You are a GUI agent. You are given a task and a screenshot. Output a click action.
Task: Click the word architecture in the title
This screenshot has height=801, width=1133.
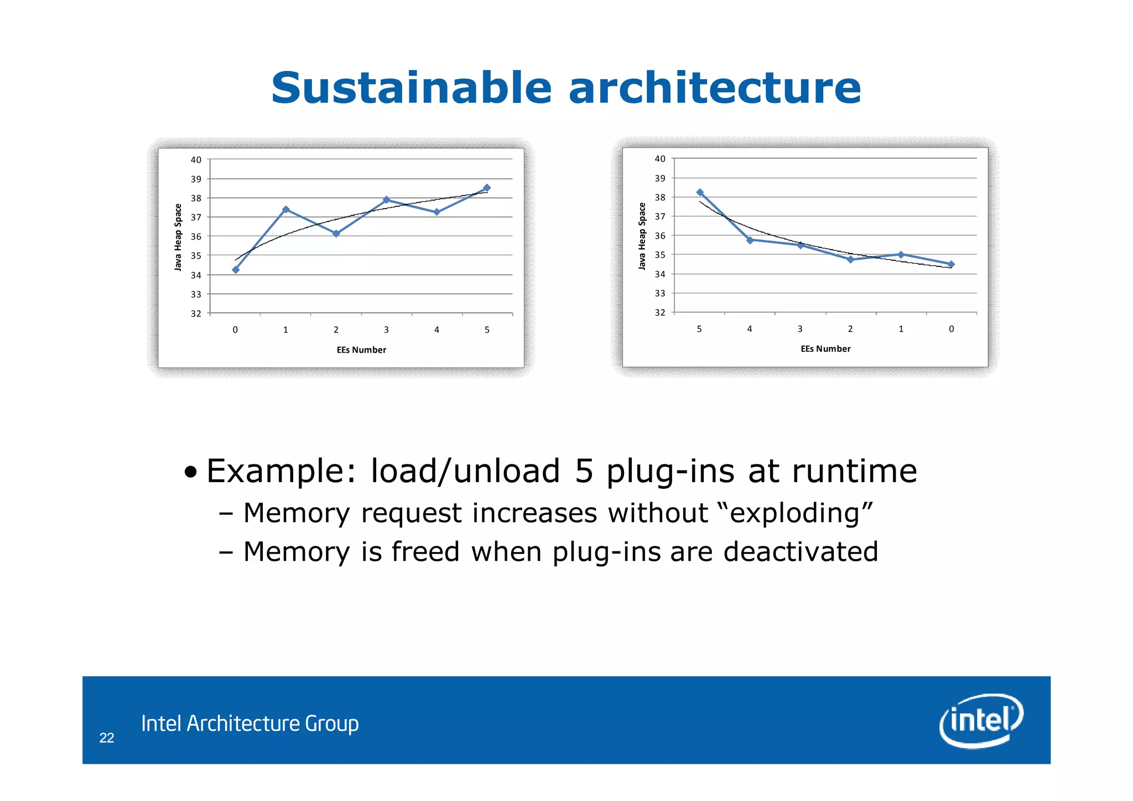[714, 88]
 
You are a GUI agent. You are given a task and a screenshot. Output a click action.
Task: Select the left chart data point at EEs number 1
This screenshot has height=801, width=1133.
[285, 209]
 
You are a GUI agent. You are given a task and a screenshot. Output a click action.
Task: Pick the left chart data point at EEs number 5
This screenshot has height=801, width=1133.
[486, 188]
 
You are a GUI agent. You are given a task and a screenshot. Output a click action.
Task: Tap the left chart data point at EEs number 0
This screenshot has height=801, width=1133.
[236, 270]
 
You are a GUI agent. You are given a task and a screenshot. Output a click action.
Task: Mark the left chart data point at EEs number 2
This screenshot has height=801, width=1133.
[336, 234]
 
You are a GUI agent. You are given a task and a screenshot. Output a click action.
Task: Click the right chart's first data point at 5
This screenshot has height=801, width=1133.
[700, 193]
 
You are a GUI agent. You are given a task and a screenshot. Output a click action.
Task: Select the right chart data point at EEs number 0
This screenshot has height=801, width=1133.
[951, 264]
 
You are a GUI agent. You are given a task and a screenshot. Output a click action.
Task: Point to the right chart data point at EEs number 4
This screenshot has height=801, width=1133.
[750, 240]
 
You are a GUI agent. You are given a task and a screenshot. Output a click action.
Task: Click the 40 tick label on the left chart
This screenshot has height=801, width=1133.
[196, 160]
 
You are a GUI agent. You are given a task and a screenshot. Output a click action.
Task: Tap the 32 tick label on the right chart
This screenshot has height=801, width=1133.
[660, 313]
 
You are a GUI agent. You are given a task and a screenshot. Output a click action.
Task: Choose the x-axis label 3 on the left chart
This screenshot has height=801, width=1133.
[386, 330]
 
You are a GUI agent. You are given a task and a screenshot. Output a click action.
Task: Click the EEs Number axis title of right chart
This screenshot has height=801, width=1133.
[825, 349]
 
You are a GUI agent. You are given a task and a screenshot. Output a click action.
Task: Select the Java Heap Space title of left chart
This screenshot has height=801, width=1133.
[178, 237]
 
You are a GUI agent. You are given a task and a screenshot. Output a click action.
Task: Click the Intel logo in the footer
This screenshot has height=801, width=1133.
[981, 720]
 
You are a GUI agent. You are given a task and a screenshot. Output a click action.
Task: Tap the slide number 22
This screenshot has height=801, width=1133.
[107, 738]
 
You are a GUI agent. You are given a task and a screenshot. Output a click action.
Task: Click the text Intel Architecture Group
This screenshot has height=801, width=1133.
[250, 724]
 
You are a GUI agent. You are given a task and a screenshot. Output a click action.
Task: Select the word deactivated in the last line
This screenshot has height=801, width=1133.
[801, 552]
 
